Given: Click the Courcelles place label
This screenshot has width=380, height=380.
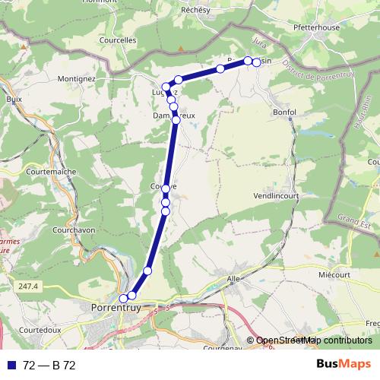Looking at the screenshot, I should [118, 40].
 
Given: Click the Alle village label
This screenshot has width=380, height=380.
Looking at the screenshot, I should [233, 280].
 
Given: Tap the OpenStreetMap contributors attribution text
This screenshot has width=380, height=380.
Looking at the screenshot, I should [313, 341].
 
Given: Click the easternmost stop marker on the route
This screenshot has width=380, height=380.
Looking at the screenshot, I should [257, 62].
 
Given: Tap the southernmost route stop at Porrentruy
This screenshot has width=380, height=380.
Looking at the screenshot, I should [124, 299].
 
